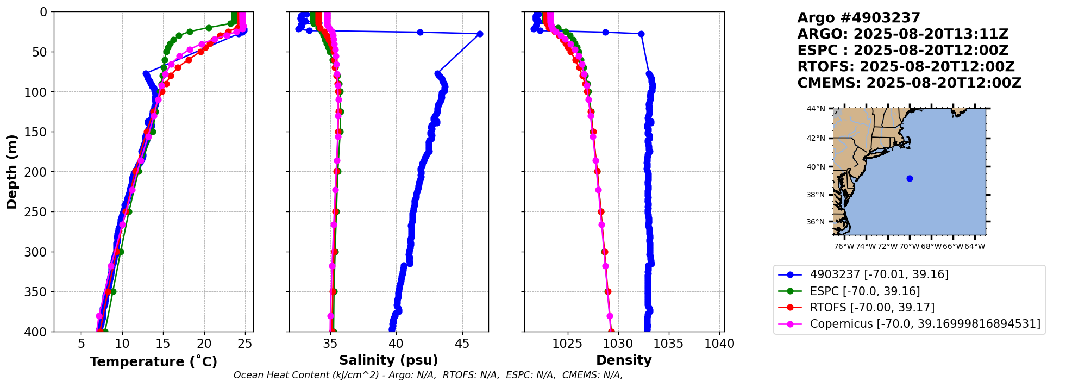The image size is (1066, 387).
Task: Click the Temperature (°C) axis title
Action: tap(153, 361)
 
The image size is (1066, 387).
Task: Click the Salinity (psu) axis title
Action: tap(388, 360)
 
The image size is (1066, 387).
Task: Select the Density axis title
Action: tap(624, 360)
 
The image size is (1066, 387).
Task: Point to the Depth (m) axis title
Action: tap(12, 171)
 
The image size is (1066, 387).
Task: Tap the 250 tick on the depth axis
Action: tap(40, 212)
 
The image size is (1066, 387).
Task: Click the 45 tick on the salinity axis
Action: tap(462, 344)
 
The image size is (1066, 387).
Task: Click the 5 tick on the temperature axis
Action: tap(81, 344)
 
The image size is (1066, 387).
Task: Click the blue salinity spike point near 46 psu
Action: tap(480, 34)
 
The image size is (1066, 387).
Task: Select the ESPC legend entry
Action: tap(864, 291)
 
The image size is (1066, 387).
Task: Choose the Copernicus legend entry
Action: tap(925, 324)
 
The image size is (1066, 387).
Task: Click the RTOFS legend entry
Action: tap(872, 308)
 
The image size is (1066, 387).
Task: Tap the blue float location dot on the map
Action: tap(910, 178)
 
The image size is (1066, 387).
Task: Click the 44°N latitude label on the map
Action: tap(816, 109)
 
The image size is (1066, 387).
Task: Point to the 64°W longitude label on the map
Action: tap(974, 246)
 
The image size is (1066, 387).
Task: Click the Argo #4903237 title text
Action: tap(858, 18)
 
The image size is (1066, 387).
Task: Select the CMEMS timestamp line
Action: tap(909, 83)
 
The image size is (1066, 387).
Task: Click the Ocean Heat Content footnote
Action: tap(428, 375)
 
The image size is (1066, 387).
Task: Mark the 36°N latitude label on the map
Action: tap(816, 222)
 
